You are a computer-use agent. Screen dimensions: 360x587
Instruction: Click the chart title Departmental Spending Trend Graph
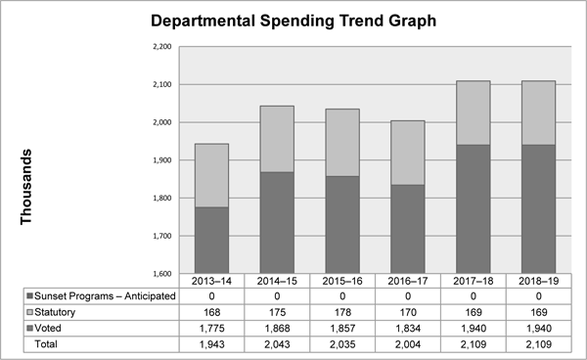293,20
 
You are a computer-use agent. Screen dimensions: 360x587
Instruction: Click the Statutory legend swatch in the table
31,312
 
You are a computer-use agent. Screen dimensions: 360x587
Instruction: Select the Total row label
46,344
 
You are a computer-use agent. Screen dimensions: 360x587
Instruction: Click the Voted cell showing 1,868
276,329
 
